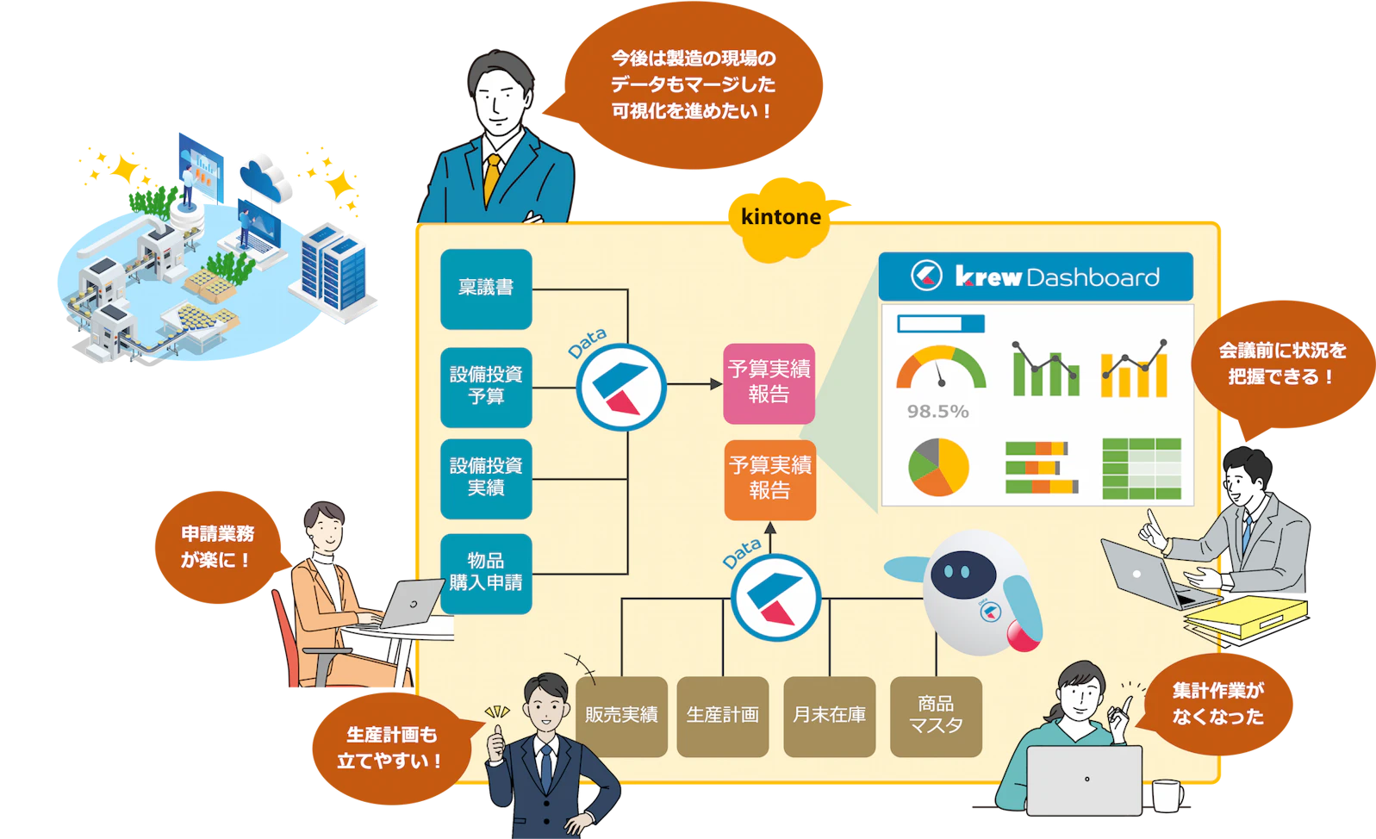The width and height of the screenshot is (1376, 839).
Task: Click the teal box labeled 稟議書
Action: (486, 289)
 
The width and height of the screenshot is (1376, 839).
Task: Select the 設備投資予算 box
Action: (486, 387)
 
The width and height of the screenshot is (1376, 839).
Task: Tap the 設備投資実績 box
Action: (486, 478)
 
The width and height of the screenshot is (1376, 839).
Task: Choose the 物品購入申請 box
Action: (486, 573)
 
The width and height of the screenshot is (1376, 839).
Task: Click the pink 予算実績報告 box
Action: (769, 382)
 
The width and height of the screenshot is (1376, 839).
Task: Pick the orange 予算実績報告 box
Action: (769, 479)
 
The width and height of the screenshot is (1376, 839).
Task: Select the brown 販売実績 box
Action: (621, 716)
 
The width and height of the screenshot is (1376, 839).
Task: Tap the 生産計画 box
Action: (722, 716)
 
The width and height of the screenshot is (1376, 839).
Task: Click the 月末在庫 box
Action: (829, 716)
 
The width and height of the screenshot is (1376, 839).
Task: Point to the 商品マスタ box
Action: (936, 716)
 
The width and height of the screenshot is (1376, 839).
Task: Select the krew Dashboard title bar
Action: (1036, 277)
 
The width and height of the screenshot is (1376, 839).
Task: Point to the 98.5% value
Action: (937, 412)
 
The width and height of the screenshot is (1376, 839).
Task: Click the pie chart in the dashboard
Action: (938, 467)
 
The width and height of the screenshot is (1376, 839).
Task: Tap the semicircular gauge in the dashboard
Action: (940, 370)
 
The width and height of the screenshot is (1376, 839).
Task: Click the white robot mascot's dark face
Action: (963, 570)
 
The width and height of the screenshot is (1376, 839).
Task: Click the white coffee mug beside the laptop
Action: (1167, 796)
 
